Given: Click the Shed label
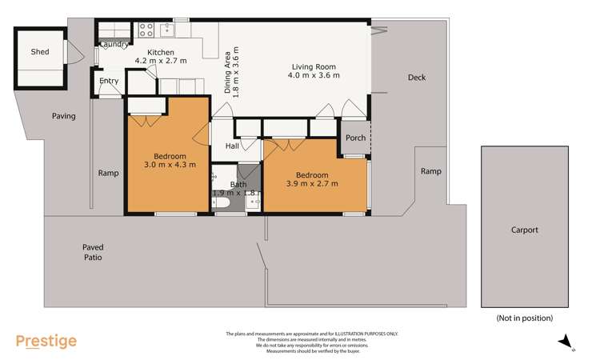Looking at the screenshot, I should [40, 52].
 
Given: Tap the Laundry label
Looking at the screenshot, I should [114, 44].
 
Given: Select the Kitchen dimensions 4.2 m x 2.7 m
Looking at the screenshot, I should [160, 61].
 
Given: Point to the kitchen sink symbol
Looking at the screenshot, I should [168, 30].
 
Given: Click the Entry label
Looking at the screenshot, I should [109, 81].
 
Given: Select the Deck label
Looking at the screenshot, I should [417, 78].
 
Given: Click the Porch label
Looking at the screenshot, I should [355, 138].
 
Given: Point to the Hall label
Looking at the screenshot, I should [232, 146].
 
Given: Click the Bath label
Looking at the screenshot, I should [238, 184].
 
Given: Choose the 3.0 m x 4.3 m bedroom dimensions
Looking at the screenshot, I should [165, 166].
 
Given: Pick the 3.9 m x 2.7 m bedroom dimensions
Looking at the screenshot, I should [311, 184].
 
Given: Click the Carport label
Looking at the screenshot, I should [525, 230].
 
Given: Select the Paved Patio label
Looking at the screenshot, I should [92, 253].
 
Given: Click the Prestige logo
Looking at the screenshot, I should [46, 342].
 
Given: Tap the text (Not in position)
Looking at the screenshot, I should [524, 318].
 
